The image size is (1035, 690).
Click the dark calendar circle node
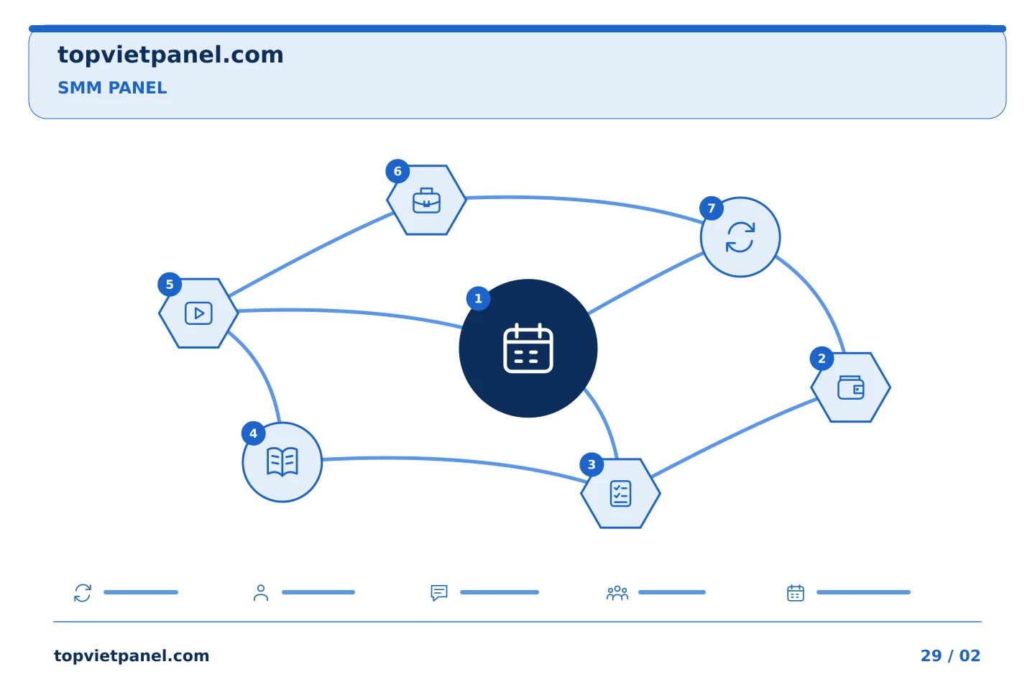click(x=528, y=348)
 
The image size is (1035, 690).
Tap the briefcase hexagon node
click(x=426, y=200)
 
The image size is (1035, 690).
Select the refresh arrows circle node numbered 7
click(x=740, y=237)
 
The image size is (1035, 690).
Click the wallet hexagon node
click(x=851, y=387)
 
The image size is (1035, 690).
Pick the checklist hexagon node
click(x=620, y=493)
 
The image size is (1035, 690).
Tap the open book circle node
click(x=282, y=461)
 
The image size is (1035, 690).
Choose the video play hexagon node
click(x=198, y=313)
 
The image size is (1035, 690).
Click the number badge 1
click(x=478, y=298)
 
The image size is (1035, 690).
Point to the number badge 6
click(x=397, y=171)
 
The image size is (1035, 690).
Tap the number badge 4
click(x=253, y=433)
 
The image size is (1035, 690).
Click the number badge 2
click(x=822, y=358)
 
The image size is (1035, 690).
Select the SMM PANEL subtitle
click(x=112, y=88)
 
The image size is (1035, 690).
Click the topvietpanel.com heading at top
click(x=170, y=55)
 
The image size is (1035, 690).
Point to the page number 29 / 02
click(x=950, y=655)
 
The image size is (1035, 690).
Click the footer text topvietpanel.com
click(x=132, y=655)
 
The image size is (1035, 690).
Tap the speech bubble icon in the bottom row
click(x=439, y=592)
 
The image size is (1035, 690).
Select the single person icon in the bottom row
click(x=261, y=592)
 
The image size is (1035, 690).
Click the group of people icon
click(x=617, y=593)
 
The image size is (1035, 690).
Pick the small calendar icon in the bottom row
click(x=796, y=593)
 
